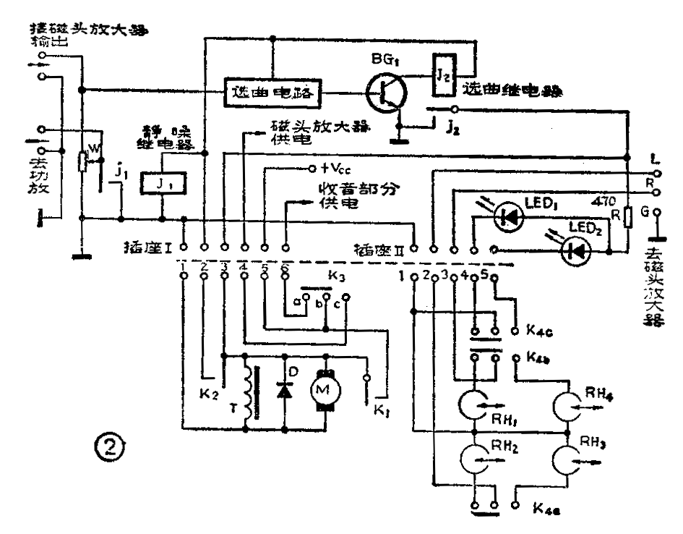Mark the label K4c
539,332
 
